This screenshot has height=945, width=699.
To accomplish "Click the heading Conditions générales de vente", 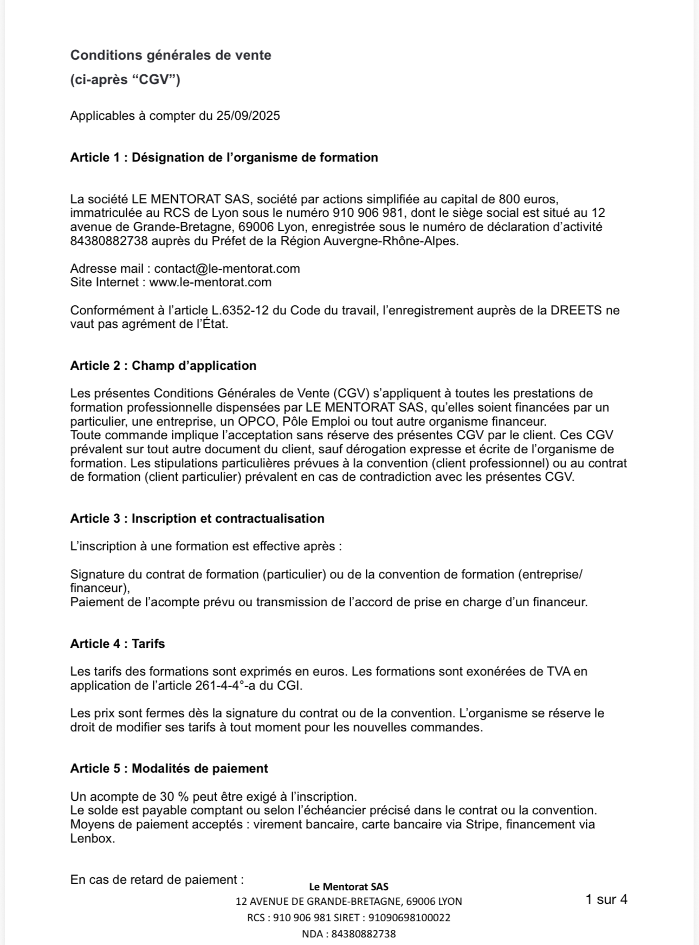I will (x=171, y=55).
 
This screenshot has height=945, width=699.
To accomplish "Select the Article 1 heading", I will (x=224, y=158).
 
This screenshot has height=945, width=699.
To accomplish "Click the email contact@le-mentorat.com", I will (x=227, y=268).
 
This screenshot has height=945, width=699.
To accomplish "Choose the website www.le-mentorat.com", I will (x=210, y=282).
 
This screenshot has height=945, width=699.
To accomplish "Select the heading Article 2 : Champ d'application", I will (x=163, y=366).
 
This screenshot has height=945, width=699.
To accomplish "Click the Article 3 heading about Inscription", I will (x=197, y=519).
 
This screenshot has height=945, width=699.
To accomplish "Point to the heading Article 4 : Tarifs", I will (x=117, y=644).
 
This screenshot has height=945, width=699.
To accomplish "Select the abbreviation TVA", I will (x=558, y=672).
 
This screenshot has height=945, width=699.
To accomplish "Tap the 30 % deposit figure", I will (x=174, y=797).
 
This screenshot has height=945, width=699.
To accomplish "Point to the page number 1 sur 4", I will (x=606, y=900).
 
